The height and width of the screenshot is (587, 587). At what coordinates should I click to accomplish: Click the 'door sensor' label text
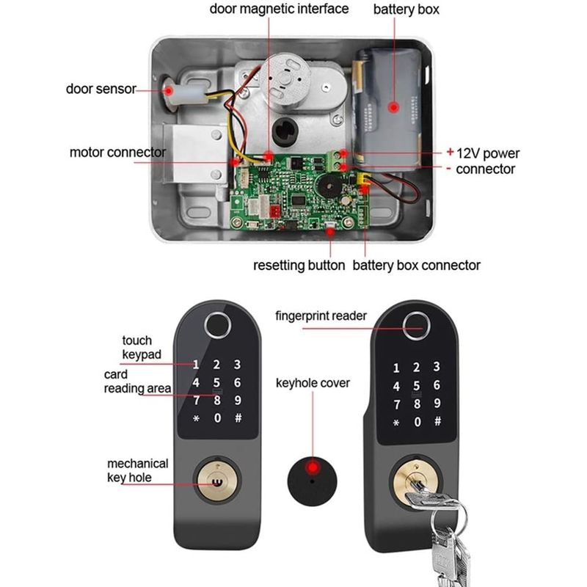101,89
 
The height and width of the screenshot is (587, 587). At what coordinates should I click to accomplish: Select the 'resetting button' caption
299,265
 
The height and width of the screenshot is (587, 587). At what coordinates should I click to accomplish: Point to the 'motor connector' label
117,153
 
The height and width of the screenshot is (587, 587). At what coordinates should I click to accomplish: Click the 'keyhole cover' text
313,383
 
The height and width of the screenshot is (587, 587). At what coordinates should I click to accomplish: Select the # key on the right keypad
438,422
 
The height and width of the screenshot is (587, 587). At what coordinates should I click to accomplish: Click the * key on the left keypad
196,419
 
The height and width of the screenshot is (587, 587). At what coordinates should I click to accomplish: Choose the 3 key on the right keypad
438,368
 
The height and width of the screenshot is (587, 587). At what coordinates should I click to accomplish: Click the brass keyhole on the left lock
216,482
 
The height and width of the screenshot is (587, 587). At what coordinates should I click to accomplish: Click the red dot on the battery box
394,107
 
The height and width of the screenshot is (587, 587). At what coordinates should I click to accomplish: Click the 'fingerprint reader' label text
321,316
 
